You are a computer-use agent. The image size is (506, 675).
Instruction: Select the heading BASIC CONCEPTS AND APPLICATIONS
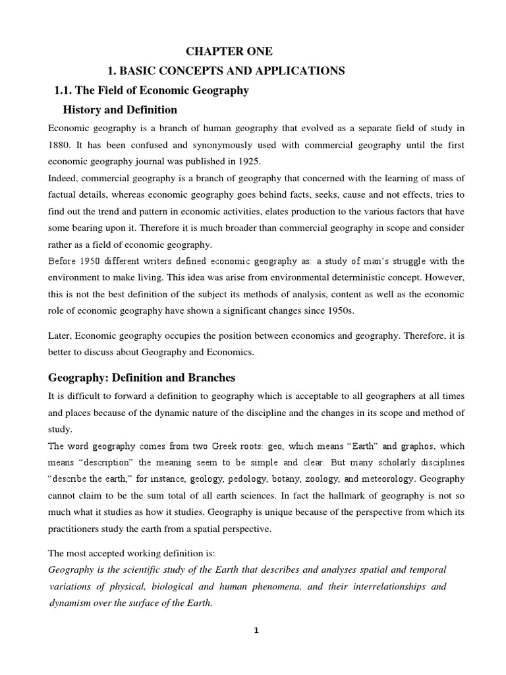coord(226,71)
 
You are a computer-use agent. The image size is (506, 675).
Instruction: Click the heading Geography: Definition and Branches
coord(142,378)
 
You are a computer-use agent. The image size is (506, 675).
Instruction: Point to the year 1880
coord(63,144)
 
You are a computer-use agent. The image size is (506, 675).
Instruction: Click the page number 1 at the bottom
coord(257,649)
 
